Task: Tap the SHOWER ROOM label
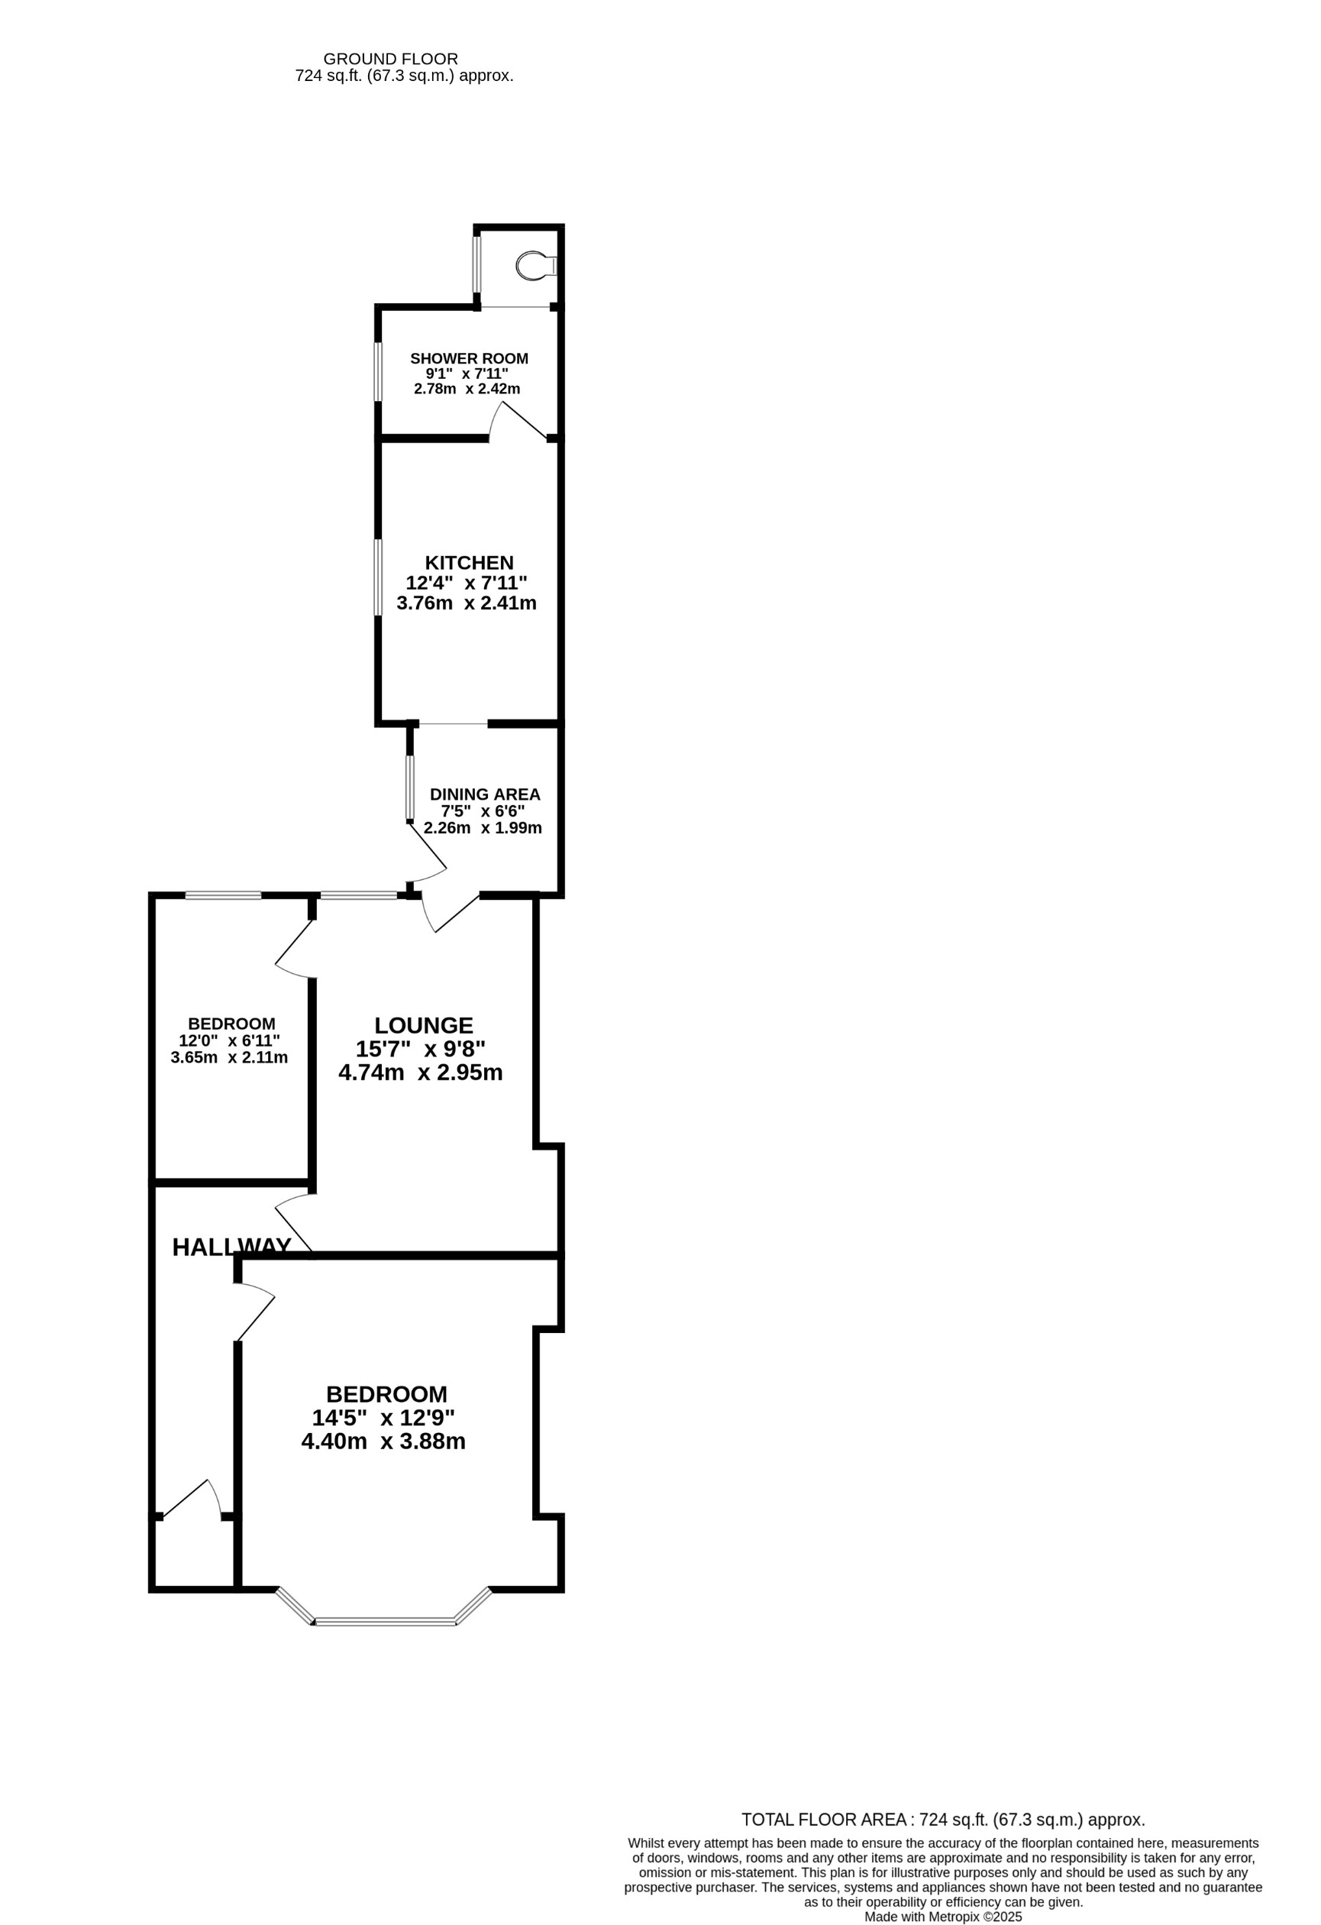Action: click(469, 359)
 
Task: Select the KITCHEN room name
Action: click(469, 562)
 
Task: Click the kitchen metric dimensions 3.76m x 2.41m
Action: click(467, 603)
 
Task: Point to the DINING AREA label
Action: click(485, 794)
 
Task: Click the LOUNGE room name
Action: click(423, 1025)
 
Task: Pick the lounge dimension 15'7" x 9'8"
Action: click(420, 1049)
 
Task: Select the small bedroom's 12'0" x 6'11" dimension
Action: click(229, 1040)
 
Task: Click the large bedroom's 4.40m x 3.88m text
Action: click(383, 1441)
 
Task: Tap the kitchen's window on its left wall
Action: click(379, 577)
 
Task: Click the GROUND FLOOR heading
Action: click(390, 59)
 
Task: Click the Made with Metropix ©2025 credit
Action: click(942, 1917)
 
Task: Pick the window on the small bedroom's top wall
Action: click(223, 895)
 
